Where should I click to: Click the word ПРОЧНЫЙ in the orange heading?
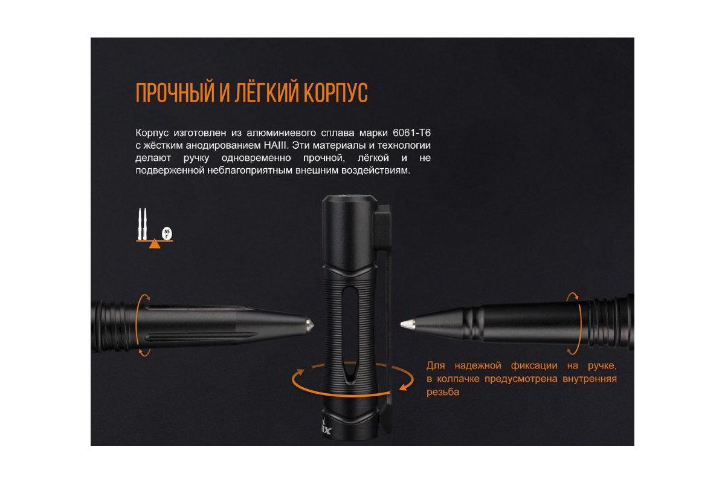175,93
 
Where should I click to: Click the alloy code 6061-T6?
411,133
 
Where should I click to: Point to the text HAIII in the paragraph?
275,145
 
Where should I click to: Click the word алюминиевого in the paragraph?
281,133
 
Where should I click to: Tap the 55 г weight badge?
167,234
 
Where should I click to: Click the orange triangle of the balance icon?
155,244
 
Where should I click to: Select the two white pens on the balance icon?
143,224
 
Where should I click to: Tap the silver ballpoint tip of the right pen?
407,324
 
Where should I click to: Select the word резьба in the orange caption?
443,392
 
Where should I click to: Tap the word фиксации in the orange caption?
534,366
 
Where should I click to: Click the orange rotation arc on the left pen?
137,325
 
